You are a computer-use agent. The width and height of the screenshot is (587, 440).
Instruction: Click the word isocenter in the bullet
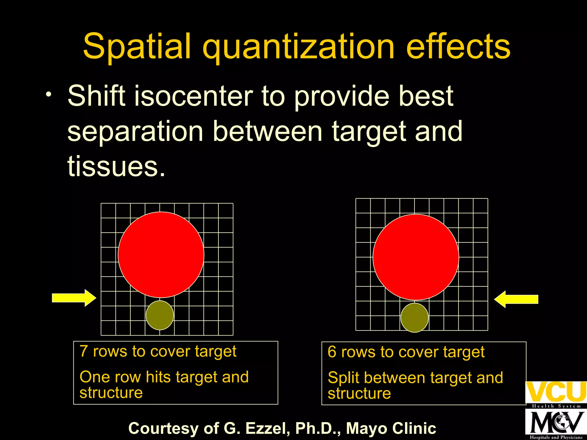pyautogui.click(x=193, y=96)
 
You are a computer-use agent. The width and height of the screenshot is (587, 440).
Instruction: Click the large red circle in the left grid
pyautogui.click(x=161, y=255)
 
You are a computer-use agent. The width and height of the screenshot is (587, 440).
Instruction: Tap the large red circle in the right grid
pyautogui.click(x=416, y=257)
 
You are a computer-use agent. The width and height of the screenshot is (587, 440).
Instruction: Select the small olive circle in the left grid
pyautogui.click(x=160, y=315)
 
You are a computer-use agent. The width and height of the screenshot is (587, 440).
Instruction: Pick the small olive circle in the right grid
pyautogui.click(x=414, y=318)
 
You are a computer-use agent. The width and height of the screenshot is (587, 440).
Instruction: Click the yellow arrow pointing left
pyautogui.click(x=516, y=299)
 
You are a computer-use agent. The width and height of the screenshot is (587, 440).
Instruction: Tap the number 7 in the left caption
pyautogui.click(x=83, y=351)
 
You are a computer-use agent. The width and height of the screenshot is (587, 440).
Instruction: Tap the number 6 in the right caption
pyautogui.click(x=332, y=352)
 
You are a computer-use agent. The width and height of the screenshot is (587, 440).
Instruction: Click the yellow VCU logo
pyautogui.click(x=556, y=392)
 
